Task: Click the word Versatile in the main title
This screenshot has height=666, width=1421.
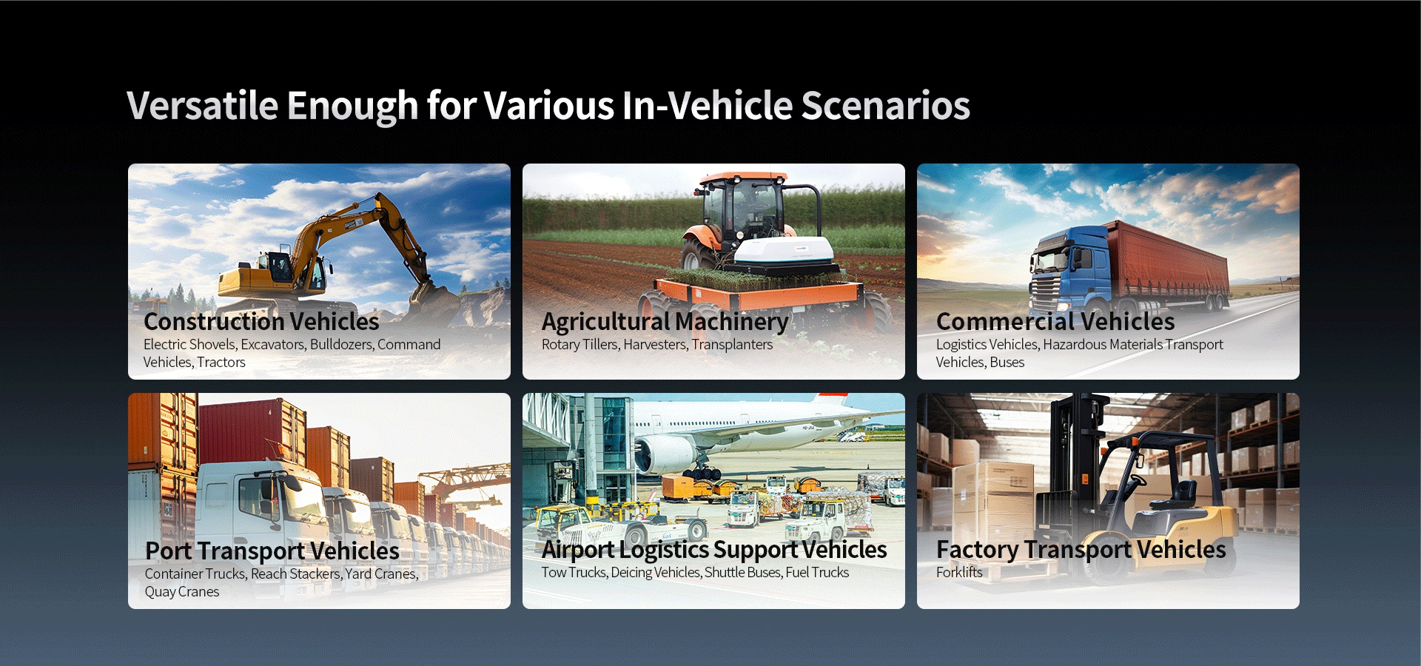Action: [202, 105]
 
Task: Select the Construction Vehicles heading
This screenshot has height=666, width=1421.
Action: [261, 322]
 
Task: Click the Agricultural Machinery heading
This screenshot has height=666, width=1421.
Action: [665, 322]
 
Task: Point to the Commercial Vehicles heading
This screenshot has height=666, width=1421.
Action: [1055, 322]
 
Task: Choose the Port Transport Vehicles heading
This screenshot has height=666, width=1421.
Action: [272, 551]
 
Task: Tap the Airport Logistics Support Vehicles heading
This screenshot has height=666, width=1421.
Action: [713, 550]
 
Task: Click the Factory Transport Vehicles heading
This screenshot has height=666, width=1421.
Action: [1081, 550]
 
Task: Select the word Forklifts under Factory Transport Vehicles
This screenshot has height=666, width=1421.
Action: [959, 572]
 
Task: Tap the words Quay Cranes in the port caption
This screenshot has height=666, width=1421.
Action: [182, 591]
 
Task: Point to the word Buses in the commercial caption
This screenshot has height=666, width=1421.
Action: [1007, 362]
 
